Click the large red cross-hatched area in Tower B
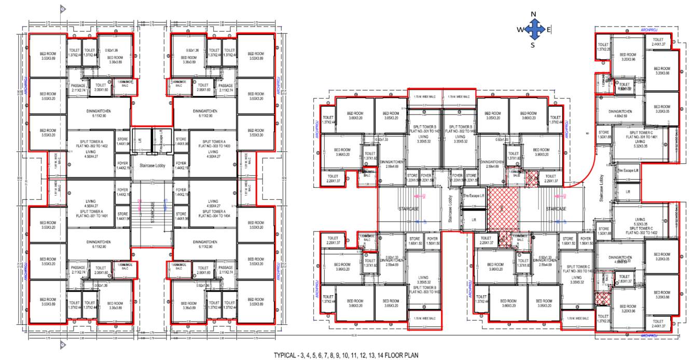(503, 209)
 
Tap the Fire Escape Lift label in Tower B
(474, 196)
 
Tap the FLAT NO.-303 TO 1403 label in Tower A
(213, 147)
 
